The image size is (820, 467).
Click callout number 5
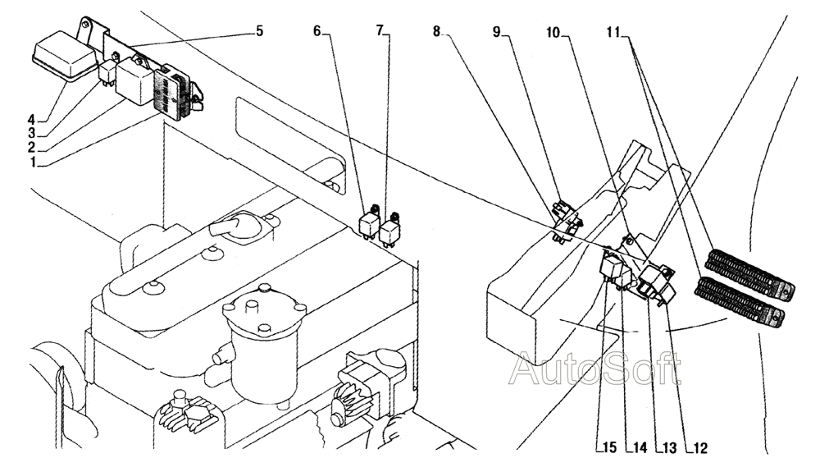(x=259, y=31)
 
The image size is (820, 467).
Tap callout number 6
(x=317, y=31)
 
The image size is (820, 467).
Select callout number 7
(x=380, y=31)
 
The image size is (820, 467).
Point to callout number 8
(x=436, y=31)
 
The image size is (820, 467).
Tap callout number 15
(x=608, y=448)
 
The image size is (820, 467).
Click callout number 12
(x=699, y=448)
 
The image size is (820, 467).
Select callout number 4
(x=31, y=116)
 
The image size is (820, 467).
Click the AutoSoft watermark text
(x=594, y=369)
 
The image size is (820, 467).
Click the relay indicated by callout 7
(x=389, y=229)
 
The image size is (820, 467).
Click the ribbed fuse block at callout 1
(x=174, y=92)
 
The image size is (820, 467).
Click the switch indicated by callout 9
(x=565, y=219)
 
